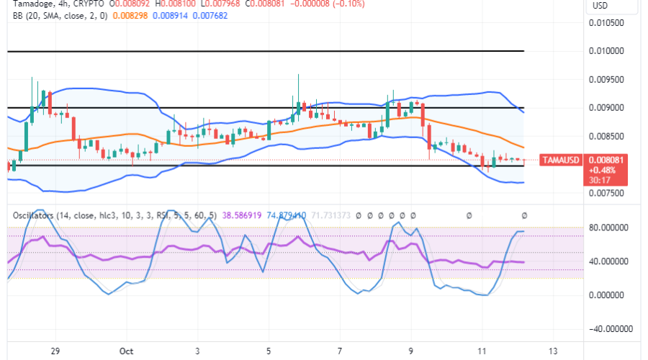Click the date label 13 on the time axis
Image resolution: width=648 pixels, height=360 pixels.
pos(552,351)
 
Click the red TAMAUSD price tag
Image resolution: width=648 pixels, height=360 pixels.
pos(560,160)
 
